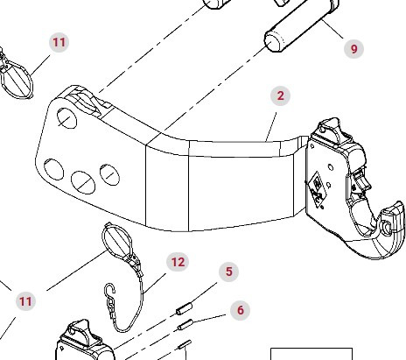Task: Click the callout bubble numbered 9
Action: pyautogui.click(x=354, y=49)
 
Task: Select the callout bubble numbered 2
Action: pyautogui.click(x=280, y=95)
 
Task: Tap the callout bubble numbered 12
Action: pyautogui.click(x=178, y=262)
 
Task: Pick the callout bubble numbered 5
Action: pyautogui.click(x=229, y=272)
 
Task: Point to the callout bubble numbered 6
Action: pyautogui.click(x=240, y=310)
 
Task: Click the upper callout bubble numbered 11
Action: pyautogui.click(x=59, y=42)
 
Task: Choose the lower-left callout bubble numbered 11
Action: pyautogui.click(x=25, y=301)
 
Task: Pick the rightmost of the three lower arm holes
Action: pyautogui.click(x=109, y=173)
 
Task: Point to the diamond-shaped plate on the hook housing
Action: pyautogui.click(x=313, y=187)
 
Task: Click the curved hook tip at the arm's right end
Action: pyautogui.click(x=392, y=218)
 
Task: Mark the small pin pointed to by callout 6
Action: pyautogui.click(x=185, y=326)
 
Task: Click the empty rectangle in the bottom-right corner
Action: pyautogui.click(x=304, y=354)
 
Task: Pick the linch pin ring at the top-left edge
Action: pyautogui.click(x=16, y=77)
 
